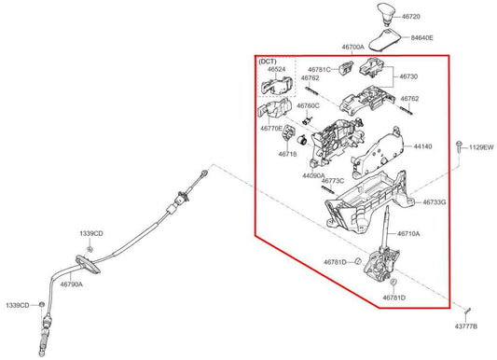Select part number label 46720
411,17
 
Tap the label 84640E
421,37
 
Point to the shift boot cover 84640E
385,39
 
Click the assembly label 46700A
353,47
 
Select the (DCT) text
268,62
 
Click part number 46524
276,69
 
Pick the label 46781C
319,69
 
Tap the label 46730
408,76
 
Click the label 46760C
308,105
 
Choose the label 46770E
271,129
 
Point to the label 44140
422,146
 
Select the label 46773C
333,181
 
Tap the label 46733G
435,201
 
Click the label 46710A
408,234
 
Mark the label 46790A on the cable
71,284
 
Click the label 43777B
466,326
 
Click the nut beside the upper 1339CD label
90,249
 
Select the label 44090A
313,175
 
